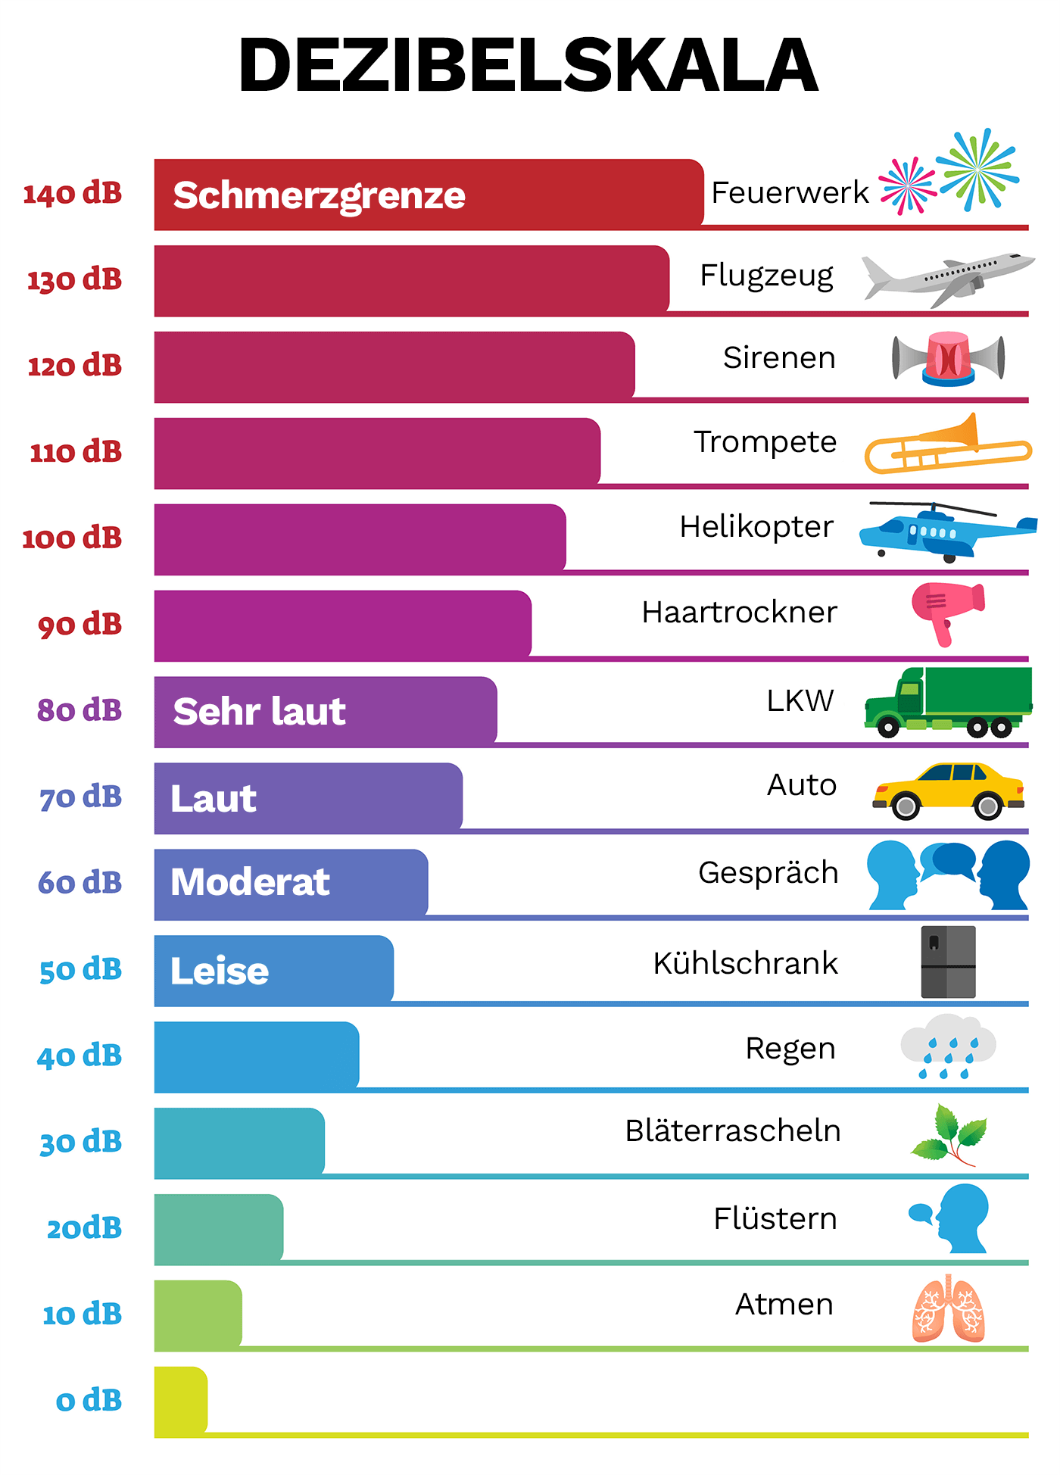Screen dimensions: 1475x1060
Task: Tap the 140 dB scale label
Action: pos(73,194)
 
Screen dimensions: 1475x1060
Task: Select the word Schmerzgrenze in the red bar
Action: pos(319,195)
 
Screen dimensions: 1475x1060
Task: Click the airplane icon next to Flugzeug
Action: pos(948,278)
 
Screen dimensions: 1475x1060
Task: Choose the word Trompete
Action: pos(765,442)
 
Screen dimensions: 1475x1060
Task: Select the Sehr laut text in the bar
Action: pos(259,712)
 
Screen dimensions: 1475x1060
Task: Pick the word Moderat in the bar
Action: pos(250,882)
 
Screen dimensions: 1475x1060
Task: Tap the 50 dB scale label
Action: pos(80,969)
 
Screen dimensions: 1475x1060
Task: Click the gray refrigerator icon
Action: pos(948,962)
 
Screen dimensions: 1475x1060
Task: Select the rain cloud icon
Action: pos(948,1046)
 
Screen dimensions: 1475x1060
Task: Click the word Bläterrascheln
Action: pos(732,1131)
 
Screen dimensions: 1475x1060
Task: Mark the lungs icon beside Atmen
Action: pos(948,1308)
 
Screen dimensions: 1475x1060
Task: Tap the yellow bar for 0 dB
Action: pos(180,1400)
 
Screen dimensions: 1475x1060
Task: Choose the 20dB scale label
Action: pos(84,1227)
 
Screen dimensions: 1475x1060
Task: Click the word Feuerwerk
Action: pos(790,193)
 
